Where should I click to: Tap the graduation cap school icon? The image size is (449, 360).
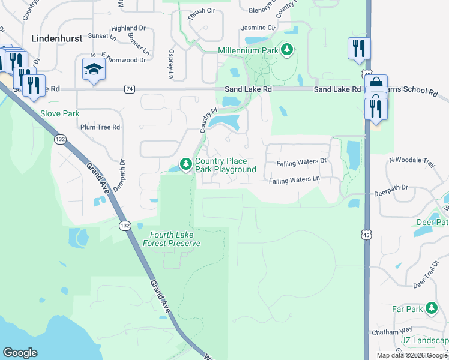(94, 70)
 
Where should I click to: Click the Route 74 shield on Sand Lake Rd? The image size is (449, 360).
(130, 89)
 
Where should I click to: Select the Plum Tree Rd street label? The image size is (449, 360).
(100, 127)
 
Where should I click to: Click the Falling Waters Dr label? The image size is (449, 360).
(301, 163)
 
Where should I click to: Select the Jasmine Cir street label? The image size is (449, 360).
(258, 28)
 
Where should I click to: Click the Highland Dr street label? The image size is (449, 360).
(128, 28)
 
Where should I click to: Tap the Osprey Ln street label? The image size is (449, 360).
(170, 64)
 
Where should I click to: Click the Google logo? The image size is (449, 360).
(20, 353)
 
